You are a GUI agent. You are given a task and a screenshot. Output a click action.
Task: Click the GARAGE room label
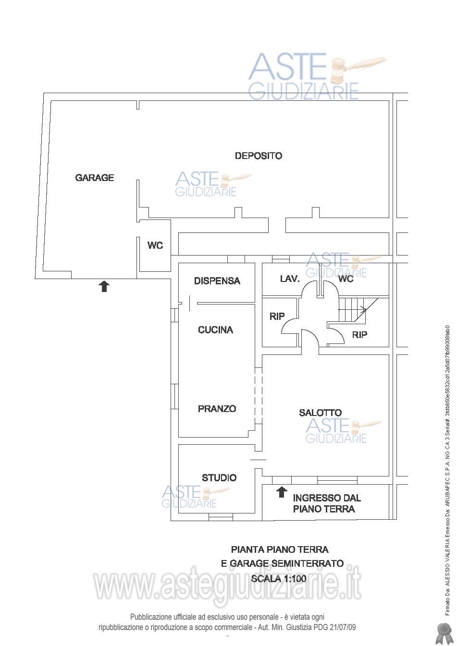[95, 178]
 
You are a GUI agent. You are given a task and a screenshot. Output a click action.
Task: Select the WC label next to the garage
[155, 245]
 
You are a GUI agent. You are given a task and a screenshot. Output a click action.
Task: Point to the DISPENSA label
[217, 281]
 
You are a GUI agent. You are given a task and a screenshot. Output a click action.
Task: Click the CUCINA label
[215, 330]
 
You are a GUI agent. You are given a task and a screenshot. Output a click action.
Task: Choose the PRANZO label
[217, 409]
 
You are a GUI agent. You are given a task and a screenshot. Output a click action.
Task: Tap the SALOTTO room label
[320, 413]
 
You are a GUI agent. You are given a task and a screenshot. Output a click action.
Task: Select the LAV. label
[290, 279]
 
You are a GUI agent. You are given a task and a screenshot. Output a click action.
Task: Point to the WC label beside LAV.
[346, 279]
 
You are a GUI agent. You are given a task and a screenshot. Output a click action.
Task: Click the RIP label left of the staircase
[277, 317]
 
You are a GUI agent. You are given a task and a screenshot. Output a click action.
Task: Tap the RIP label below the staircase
[359, 335]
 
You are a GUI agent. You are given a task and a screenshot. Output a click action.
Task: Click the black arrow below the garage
[104, 286]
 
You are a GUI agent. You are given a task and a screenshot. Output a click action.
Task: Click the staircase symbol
[358, 309]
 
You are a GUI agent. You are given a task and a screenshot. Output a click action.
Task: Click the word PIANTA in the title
[247, 549]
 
